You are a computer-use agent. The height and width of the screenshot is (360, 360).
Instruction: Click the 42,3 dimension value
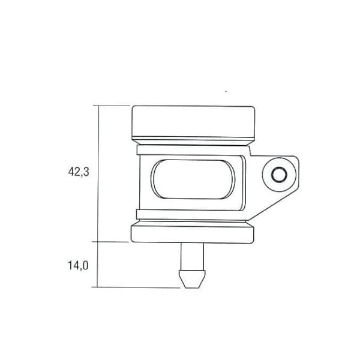pyautogui.click(x=79, y=172)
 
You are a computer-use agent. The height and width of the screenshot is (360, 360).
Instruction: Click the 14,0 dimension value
pyautogui.click(x=78, y=266)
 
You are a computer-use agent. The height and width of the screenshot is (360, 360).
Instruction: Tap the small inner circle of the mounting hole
pyautogui.click(x=279, y=175)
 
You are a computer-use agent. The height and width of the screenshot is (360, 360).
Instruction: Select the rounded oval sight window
pyautogui.click(x=193, y=179)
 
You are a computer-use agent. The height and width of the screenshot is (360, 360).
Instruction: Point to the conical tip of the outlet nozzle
pyautogui.click(x=192, y=279)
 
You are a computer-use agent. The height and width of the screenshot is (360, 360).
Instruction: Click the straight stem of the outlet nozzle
pyautogui.click(x=192, y=256)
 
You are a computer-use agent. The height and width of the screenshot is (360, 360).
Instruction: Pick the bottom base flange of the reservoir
pyautogui.click(x=193, y=235)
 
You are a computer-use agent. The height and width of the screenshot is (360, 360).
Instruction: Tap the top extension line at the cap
pyautogui.click(x=112, y=106)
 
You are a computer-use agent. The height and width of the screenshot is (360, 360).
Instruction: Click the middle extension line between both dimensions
pyautogui.click(x=110, y=242)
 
